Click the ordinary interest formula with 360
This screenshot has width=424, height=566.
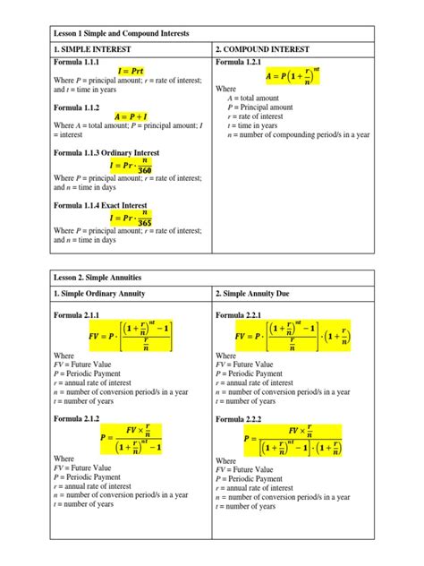click(132, 167)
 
